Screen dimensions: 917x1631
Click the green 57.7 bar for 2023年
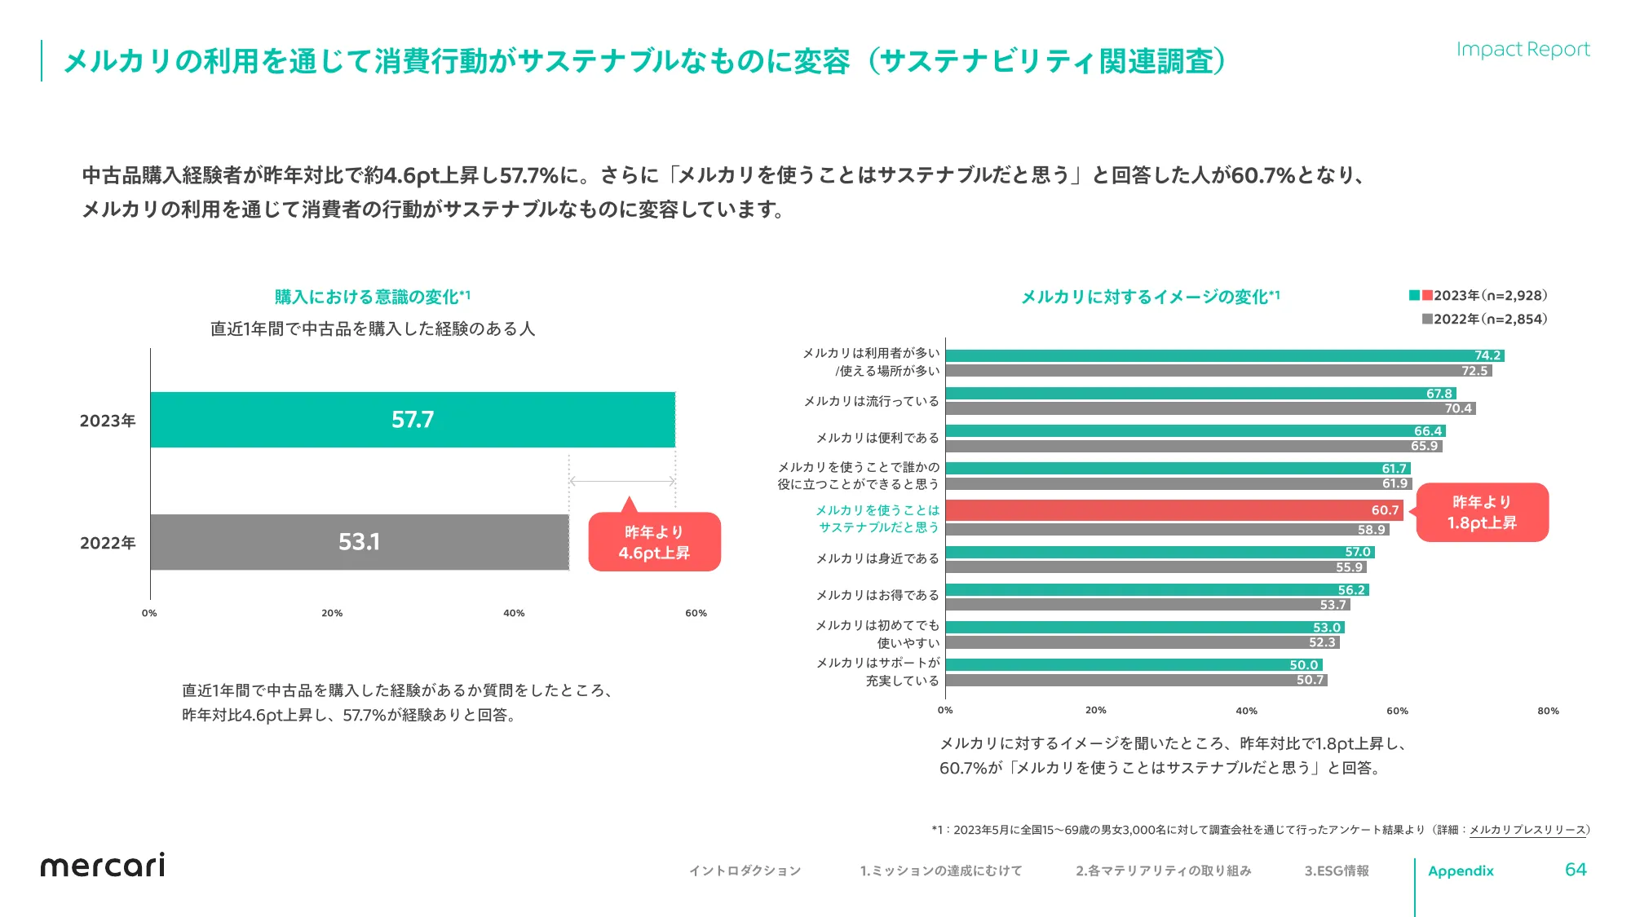tap(413, 420)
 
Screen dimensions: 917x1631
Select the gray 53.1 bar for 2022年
tap(359, 542)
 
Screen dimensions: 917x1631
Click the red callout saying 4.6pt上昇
tap(654, 543)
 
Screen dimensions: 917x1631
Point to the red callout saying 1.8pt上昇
tap(1482, 513)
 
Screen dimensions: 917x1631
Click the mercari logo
tap(103, 866)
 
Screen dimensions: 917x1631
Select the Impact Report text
tap(1523, 50)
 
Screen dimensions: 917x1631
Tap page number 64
tap(1575, 870)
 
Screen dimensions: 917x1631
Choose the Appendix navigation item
tap(1461, 871)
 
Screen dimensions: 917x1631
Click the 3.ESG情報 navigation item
tap(1337, 871)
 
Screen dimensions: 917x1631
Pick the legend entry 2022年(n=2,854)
tap(1484, 320)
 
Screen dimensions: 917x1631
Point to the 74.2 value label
tap(1487, 355)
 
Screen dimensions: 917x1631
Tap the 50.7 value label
tap(1310, 680)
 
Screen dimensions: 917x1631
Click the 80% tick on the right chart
tap(1548, 711)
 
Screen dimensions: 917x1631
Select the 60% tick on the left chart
tap(696, 613)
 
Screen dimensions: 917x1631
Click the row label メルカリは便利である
tap(877, 439)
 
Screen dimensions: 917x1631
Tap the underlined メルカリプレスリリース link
tap(1527, 830)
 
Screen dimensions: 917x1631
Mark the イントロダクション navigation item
tap(745, 871)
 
